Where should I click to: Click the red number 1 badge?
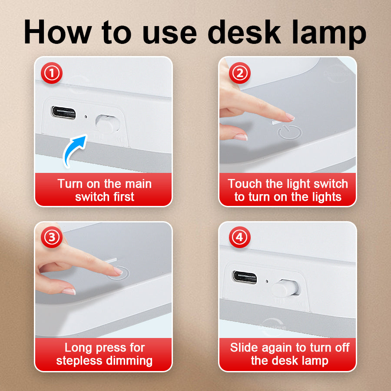[x=52, y=73]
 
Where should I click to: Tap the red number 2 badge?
[x=240, y=73]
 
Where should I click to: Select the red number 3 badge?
[x=52, y=237]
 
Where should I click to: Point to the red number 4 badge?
[x=240, y=237]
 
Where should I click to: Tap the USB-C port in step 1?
[x=63, y=113]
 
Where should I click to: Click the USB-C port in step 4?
[x=245, y=277]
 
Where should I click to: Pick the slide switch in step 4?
[x=286, y=288]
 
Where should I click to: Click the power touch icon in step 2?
[x=290, y=132]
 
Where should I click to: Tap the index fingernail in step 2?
[x=290, y=116]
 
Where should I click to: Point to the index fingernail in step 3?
[x=118, y=271]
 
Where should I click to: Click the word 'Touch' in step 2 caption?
[x=245, y=184]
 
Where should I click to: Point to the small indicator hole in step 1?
[x=86, y=116]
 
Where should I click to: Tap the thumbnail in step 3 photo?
[x=68, y=291]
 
